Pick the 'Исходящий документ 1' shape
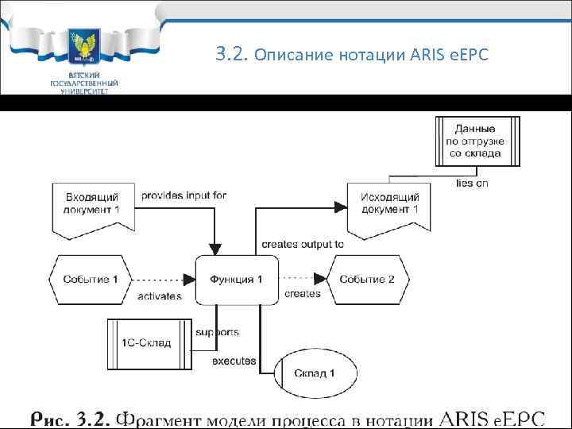(389, 204)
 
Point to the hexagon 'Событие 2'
(367, 280)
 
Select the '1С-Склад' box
(151, 342)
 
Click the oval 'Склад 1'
(315, 373)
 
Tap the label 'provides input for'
(184, 195)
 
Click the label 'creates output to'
(303, 245)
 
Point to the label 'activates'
(160, 296)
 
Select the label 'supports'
(217, 331)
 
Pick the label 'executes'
(234, 361)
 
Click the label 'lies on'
(472, 183)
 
